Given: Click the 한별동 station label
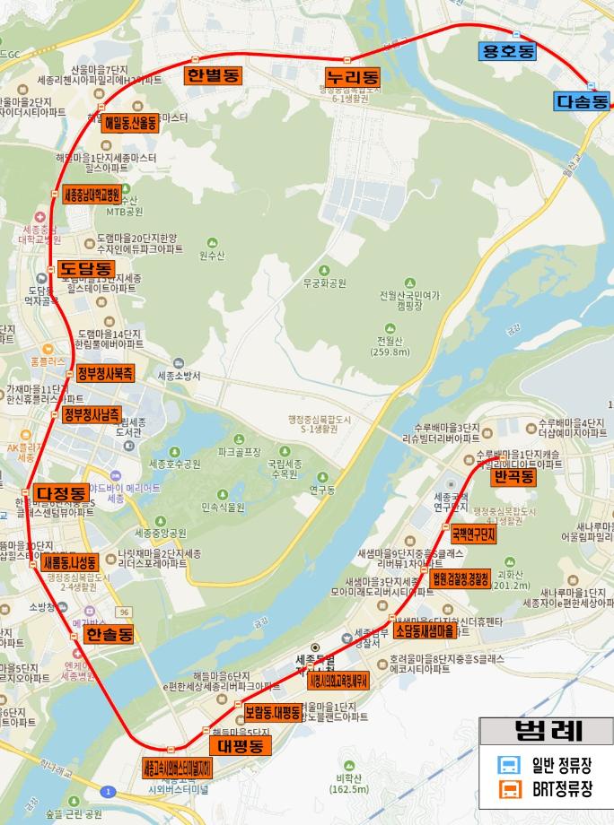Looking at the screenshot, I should click(x=213, y=75).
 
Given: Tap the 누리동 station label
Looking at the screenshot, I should click(x=353, y=77).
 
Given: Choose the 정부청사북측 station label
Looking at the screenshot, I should click(x=104, y=372).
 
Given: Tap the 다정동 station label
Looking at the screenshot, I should click(x=61, y=493).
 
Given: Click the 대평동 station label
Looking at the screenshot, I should click(x=240, y=745).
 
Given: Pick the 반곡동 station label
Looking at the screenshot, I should click(x=513, y=476).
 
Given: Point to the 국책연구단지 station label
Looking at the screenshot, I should click(x=473, y=535).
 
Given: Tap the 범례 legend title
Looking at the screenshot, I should click(x=543, y=730).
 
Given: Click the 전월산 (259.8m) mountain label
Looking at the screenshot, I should click(x=393, y=346).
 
